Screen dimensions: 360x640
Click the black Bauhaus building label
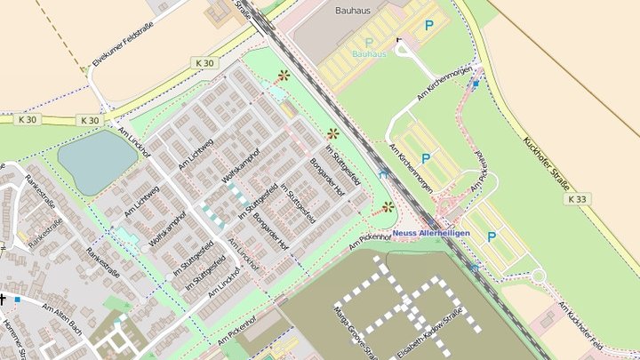click(x=353, y=12)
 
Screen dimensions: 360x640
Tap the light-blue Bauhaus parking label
click(x=369, y=54)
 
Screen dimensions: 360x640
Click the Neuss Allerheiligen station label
click(x=431, y=232)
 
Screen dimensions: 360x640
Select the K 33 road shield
click(x=576, y=199)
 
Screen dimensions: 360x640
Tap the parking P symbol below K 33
click(x=491, y=236)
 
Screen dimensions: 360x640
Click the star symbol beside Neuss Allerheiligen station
click(x=388, y=207)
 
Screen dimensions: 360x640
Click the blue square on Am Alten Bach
click(x=17, y=300)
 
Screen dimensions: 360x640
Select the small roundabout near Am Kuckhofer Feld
click(x=538, y=276)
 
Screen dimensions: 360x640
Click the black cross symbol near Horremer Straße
click(x=3, y=299)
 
